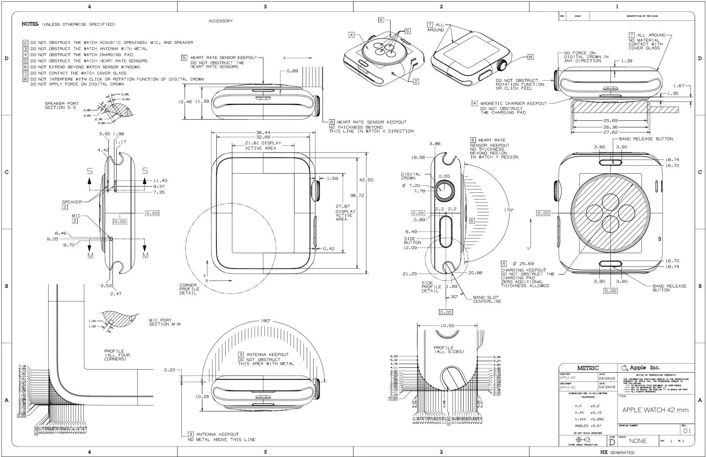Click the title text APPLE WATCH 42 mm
click(655, 410)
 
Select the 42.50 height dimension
click(366, 180)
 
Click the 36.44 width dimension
click(263, 132)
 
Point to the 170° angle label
click(509, 210)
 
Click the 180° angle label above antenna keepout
click(265, 321)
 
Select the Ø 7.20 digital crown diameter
click(411, 185)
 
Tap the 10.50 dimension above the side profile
click(447, 326)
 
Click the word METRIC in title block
click(588, 368)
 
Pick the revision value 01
click(687, 431)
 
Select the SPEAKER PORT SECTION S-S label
click(61, 105)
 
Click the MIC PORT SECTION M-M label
click(164, 322)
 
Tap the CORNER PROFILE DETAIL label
click(189, 289)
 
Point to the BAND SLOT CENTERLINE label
click(487, 299)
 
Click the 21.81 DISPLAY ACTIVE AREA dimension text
click(263, 145)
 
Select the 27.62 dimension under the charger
click(610, 132)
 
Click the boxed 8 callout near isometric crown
click(530, 57)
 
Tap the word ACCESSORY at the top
click(221, 21)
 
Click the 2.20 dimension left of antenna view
click(169, 370)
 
